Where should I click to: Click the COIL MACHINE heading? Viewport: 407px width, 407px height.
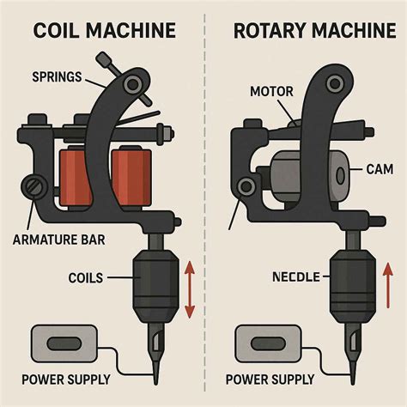click(x=104, y=32)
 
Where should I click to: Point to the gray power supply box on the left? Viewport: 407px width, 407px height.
click(x=56, y=342)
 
